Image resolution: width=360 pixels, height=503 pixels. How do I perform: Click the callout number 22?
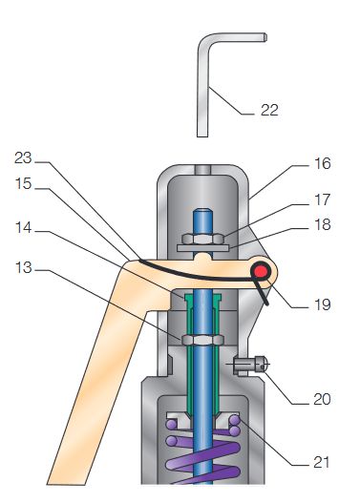pyautogui.click(x=269, y=110)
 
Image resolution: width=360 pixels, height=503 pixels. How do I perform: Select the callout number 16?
pyautogui.click(x=322, y=163)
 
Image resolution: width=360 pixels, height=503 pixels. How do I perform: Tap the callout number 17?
pyautogui.click(x=322, y=199)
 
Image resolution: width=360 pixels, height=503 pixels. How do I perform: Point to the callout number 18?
pyautogui.click(x=322, y=224)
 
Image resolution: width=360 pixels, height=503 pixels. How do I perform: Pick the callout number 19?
pyautogui.click(x=322, y=304)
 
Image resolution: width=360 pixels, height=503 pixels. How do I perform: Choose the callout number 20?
pyautogui.click(x=322, y=399)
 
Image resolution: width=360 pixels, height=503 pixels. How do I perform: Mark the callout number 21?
pyautogui.click(x=321, y=462)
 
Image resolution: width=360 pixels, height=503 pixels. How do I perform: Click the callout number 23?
pyautogui.click(x=23, y=157)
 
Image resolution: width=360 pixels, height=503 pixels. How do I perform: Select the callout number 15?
pyautogui.click(x=23, y=184)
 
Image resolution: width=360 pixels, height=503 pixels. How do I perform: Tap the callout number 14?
pyautogui.click(x=23, y=228)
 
